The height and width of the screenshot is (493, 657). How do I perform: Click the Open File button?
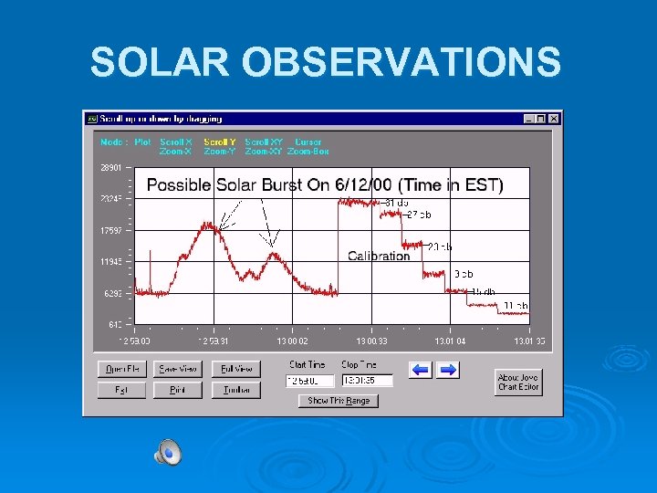pos(122,369)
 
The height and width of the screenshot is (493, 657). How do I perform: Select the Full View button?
pos(236,369)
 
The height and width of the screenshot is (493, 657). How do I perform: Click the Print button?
pos(179,390)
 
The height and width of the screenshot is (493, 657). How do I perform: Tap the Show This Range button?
pos(339,401)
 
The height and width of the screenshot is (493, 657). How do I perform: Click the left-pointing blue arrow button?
pos(420,370)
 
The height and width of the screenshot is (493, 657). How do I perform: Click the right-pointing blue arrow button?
pos(448,370)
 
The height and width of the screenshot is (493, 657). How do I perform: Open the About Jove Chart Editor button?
pos(519,382)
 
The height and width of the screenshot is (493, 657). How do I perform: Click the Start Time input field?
pos(310,380)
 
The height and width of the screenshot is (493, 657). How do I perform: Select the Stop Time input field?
pos(367,380)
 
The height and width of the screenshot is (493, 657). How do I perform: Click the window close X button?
pos(554,119)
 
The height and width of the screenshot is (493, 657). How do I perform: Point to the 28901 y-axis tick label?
pos(110,168)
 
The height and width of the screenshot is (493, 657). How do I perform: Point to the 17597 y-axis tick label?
pos(110,231)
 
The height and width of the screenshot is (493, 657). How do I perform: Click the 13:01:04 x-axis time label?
pos(450,341)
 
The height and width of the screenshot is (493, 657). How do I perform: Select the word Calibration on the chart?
pos(379,257)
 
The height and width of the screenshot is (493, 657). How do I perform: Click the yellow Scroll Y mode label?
pos(220,142)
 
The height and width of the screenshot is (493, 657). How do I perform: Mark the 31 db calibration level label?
pos(396,202)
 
